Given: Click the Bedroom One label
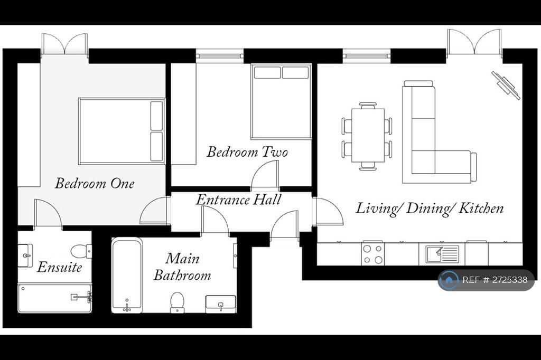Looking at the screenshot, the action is pos(95,183).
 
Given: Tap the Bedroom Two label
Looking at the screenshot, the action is pos(247,151).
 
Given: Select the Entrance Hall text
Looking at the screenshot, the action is pos(239,200).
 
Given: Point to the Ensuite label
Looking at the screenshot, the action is pos(59,267).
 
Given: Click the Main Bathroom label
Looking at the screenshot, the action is pos(182,267).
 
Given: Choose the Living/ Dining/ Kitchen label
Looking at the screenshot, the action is pos(430,209).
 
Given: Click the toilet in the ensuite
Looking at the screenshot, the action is pos(81,251).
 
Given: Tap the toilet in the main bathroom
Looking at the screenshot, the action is pos(178,302).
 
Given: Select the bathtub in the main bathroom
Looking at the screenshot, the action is pos(127,275).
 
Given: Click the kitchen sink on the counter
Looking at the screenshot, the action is pos(442,254).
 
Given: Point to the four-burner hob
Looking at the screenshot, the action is pos(372,254).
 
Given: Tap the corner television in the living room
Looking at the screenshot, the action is pos(506,85).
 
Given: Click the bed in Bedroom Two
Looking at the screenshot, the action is pos(281,102).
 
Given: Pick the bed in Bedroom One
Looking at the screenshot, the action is pos(122,131).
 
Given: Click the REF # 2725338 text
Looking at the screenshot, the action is pos(495,280).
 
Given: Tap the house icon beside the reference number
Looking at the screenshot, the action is pos(449,280).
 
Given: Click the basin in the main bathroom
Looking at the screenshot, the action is pos(221,304).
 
